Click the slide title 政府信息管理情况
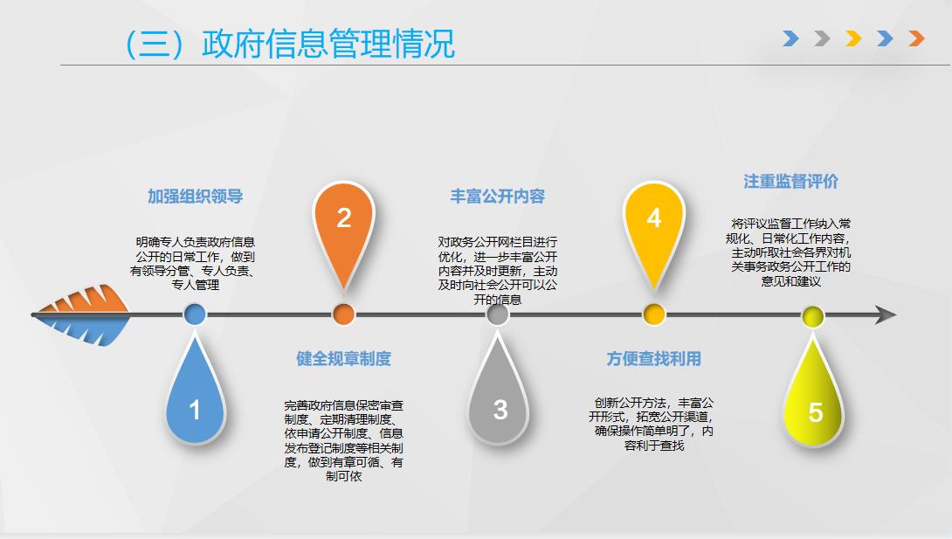point(328,44)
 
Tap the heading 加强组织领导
point(195,196)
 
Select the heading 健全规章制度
point(343,359)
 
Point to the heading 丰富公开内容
point(497,196)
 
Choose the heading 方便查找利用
point(654,359)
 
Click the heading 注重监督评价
point(791,181)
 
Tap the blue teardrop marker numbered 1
point(195,395)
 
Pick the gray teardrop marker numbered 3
point(498,395)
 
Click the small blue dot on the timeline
point(195,314)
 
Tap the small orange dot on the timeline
point(343,314)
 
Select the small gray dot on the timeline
point(498,314)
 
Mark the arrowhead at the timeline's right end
point(886,314)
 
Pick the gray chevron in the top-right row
point(822,38)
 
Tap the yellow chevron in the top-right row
point(853,38)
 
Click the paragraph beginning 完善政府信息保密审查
point(343,440)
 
